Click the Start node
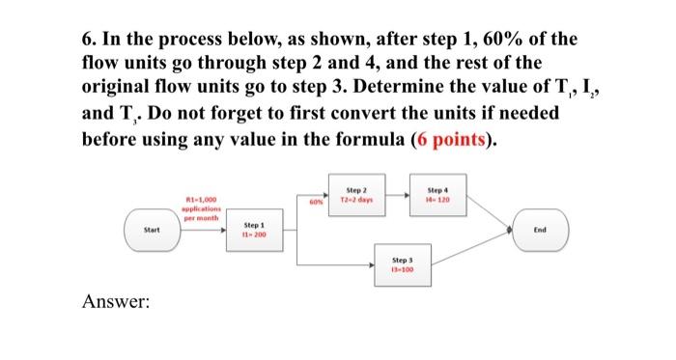[152, 230]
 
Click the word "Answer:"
[117, 302]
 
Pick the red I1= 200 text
[256, 236]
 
